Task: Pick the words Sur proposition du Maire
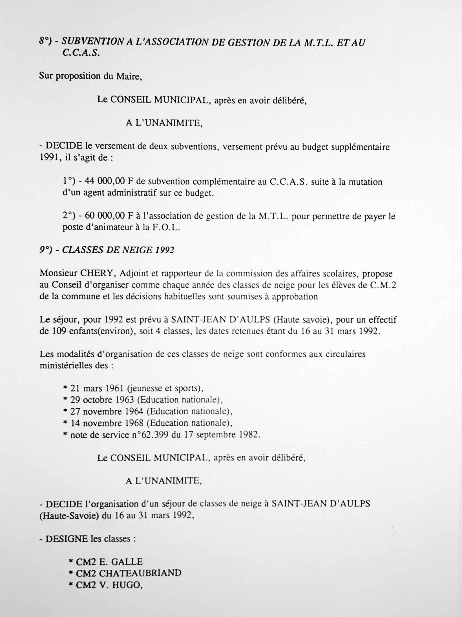pos(90,76)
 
